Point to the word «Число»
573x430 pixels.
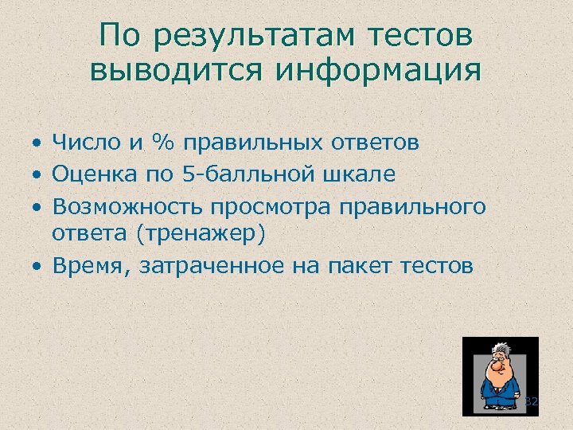pos(88,143)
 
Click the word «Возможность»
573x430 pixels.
pos(128,205)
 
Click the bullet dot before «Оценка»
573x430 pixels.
pos(37,174)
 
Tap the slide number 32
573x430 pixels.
pos(532,402)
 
